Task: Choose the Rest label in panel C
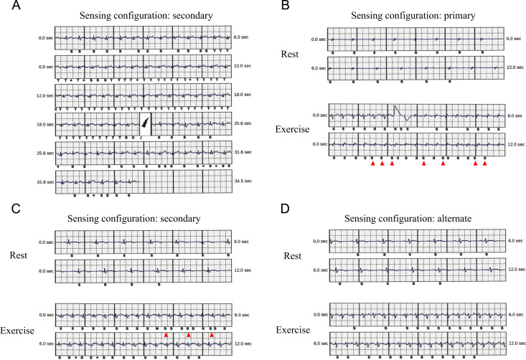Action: (24, 255)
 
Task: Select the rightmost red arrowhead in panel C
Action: (212, 335)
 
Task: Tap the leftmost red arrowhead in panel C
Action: (166, 335)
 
